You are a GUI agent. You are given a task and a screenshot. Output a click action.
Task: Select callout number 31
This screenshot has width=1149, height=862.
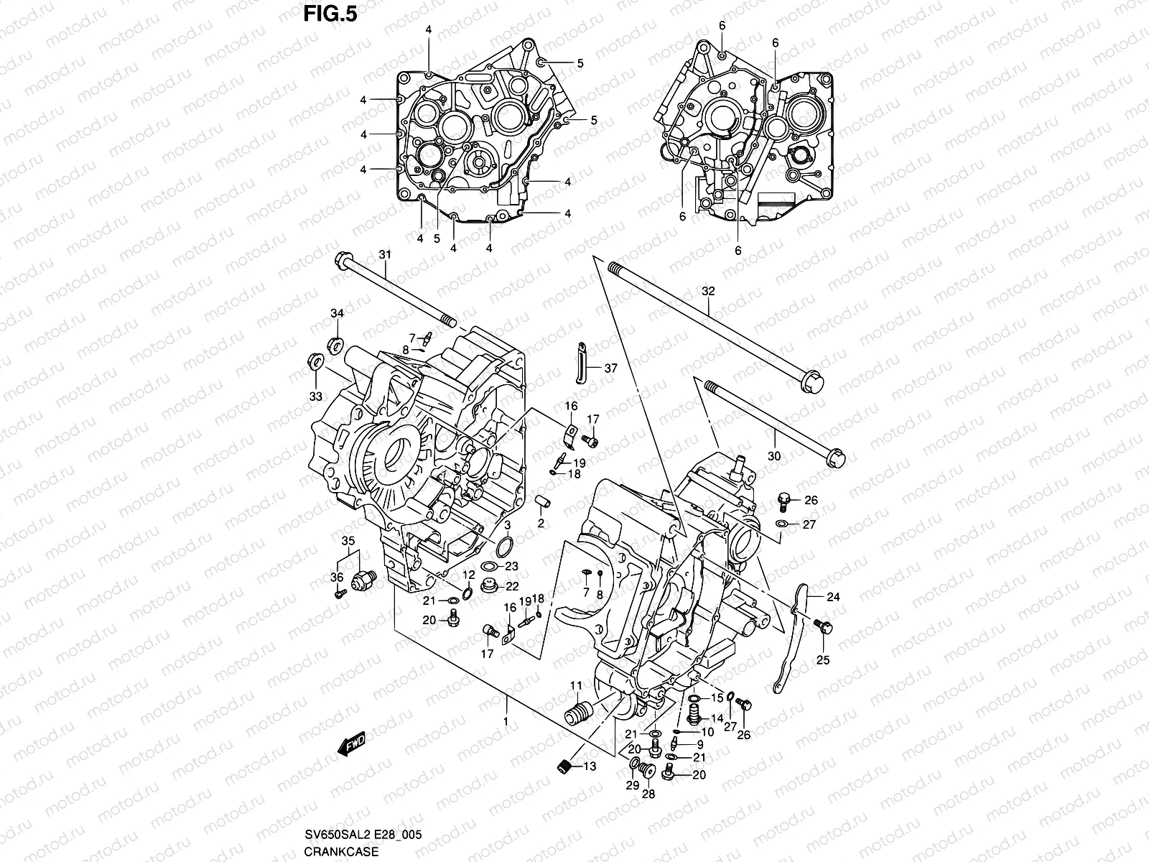coord(385,254)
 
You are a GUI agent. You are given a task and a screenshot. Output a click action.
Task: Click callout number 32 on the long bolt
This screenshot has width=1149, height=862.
coord(708,291)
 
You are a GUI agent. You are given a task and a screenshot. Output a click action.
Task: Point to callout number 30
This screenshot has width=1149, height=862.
coord(773,455)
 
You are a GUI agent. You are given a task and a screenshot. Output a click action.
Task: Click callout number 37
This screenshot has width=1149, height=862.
coord(610,369)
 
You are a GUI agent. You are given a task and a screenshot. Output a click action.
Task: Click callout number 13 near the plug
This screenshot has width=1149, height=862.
coord(589,766)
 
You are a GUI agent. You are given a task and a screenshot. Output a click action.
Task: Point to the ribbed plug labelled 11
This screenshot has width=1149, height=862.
coord(578,716)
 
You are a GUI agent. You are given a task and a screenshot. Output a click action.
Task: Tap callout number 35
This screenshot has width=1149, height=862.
coord(348,540)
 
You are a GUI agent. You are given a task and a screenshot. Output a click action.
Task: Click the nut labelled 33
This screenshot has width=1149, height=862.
coord(313,361)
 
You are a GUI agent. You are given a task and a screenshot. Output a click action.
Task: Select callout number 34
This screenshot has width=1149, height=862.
coord(337,312)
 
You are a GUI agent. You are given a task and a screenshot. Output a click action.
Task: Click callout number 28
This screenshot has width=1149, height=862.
coord(648,794)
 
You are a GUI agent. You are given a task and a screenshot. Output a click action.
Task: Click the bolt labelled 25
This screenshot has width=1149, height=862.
coord(823,628)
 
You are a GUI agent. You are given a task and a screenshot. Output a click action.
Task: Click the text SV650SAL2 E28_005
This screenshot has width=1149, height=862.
coord(363,835)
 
